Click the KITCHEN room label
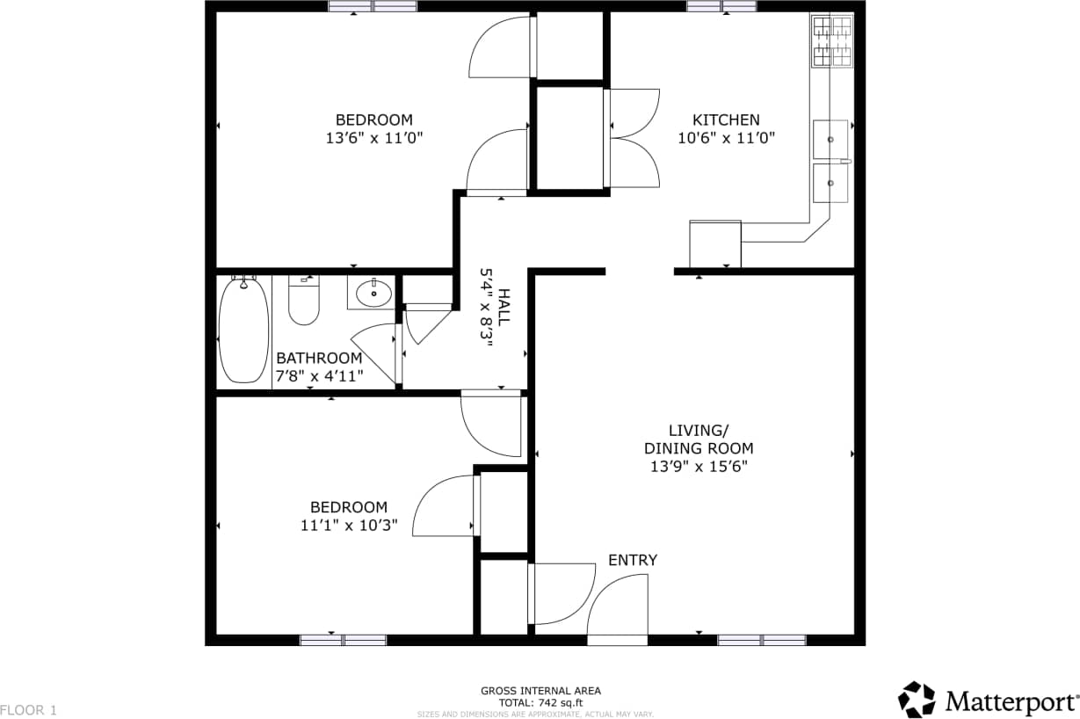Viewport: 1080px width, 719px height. click(x=726, y=120)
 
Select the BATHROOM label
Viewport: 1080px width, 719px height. click(x=319, y=359)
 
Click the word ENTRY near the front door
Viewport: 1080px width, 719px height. click(x=633, y=561)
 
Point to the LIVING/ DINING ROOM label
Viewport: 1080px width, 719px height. click(x=699, y=439)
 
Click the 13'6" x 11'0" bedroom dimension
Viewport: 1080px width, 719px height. click(x=374, y=138)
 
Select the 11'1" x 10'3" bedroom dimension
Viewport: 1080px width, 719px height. click(x=349, y=526)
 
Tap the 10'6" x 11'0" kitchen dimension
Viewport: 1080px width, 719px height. click(x=726, y=138)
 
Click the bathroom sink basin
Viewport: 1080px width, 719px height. click(x=373, y=293)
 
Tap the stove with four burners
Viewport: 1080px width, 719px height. click(x=831, y=40)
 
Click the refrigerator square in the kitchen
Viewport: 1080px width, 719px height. click(x=715, y=243)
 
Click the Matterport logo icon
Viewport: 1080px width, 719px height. click(x=917, y=700)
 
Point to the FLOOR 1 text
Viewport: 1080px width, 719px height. click(x=28, y=709)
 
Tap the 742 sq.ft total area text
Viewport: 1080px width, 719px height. click(x=540, y=702)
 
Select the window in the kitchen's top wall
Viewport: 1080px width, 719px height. click(x=721, y=6)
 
